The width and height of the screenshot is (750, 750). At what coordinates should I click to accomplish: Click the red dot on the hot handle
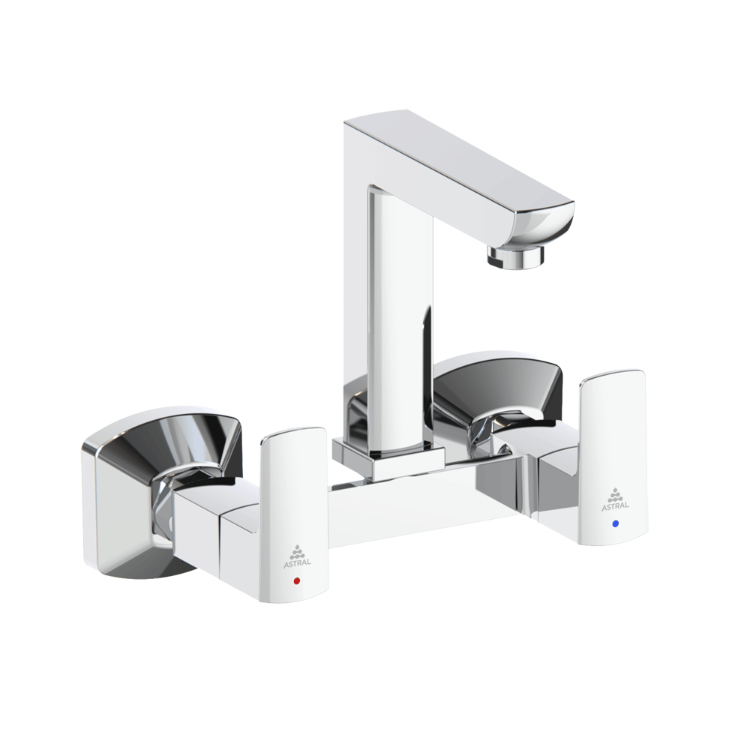[x=297, y=581]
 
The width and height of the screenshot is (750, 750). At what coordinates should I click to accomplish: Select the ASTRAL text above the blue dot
[x=615, y=506]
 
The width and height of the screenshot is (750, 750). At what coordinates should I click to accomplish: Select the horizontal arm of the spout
[x=457, y=165]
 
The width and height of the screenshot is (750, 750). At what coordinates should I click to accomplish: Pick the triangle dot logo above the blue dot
[x=615, y=493]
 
